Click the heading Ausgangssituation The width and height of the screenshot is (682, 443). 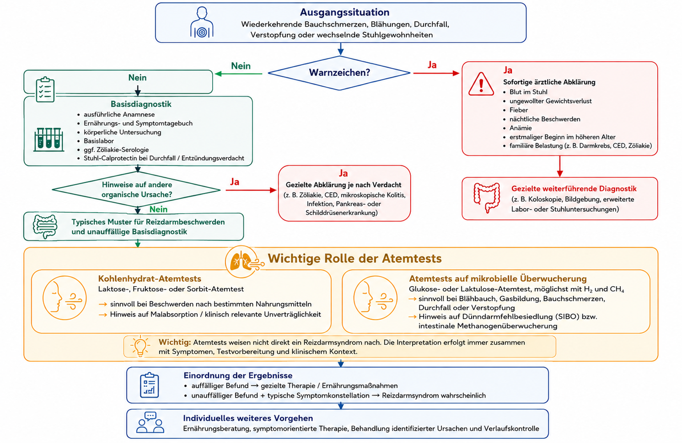344,12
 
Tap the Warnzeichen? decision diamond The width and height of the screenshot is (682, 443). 339,73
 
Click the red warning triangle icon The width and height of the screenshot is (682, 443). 481,84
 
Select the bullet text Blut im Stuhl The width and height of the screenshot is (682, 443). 528,92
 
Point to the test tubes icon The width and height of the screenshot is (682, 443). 48,139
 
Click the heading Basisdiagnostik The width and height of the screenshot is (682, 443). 141,104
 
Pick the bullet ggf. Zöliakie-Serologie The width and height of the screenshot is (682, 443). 116,149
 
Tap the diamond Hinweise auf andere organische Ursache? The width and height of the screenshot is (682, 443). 136,190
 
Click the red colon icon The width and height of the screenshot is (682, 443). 487,197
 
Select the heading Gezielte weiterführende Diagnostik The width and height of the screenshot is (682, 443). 574,189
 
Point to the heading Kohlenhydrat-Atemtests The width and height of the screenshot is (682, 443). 150,279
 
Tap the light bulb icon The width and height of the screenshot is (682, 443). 140,347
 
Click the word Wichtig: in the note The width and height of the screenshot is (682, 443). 175,342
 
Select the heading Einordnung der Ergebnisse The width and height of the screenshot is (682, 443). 238,375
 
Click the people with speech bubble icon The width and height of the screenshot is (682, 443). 150,422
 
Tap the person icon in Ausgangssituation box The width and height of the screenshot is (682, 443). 202,22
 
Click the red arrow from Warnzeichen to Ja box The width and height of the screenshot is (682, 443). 436,73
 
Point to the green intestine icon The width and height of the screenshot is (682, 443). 45,227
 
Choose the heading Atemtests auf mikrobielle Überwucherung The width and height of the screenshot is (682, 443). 498,279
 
